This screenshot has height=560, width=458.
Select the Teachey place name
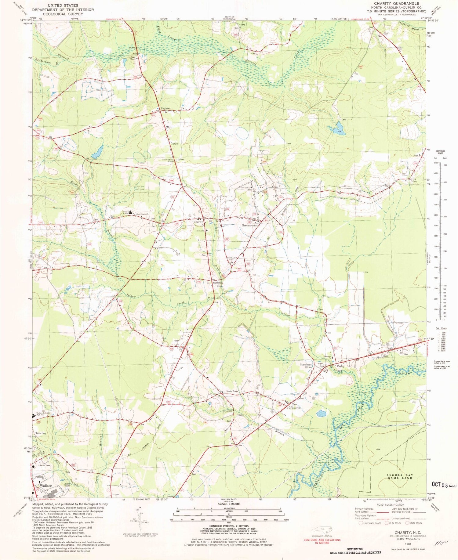tap(41, 433)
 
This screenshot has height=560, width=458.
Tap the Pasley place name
tap(340, 366)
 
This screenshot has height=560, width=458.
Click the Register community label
tap(164, 108)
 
